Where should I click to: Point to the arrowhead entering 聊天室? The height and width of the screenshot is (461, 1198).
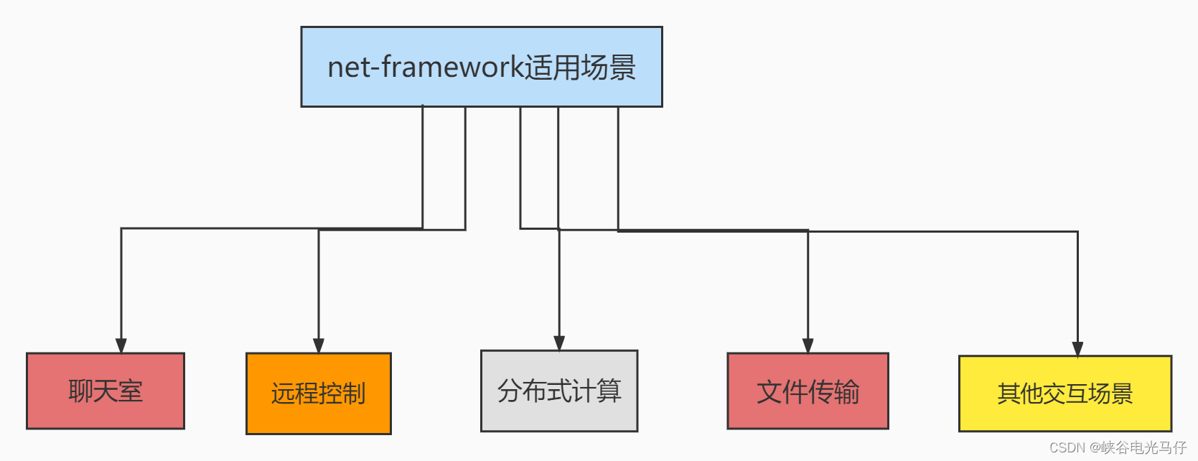(x=121, y=345)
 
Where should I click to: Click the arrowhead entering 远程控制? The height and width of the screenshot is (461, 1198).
(x=319, y=345)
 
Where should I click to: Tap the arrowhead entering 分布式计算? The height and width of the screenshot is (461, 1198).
(x=559, y=343)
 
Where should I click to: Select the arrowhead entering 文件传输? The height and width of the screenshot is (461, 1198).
(x=808, y=345)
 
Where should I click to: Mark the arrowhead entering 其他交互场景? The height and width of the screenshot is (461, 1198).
(x=1077, y=349)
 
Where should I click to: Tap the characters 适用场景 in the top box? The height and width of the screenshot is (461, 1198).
(x=580, y=67)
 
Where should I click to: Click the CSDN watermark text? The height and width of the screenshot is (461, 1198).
(x=1067, y=448)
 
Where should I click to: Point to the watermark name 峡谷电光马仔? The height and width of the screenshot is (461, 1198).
(x=1143, y=448)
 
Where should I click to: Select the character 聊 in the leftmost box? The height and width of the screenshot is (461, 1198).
(x=80, y=391)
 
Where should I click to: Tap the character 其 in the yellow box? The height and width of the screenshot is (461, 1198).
(x=1008, y=394)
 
